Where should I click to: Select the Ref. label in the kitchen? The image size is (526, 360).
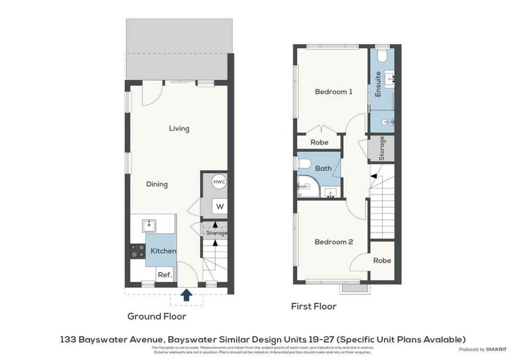[x=164, y=275]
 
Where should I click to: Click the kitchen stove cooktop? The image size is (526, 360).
[x=137, y=250]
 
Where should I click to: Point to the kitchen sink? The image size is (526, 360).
[x=149, y=225]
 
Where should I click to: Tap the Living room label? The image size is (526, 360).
[x=179, y=129]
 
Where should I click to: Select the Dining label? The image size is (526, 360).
[x=156, y=185]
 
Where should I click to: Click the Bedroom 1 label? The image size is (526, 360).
[x=333, y=92]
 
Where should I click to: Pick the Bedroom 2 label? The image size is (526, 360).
[x=333, y=242]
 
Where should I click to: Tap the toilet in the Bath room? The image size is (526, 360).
[x=304, y=163]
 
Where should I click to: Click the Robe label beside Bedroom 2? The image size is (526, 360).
[x=381, y=261]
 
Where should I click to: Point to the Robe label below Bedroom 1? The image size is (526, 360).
[x=320, y=142]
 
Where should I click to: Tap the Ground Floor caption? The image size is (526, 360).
[x=156, y=316]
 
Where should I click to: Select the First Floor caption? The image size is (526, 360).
[x=314, y=306]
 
